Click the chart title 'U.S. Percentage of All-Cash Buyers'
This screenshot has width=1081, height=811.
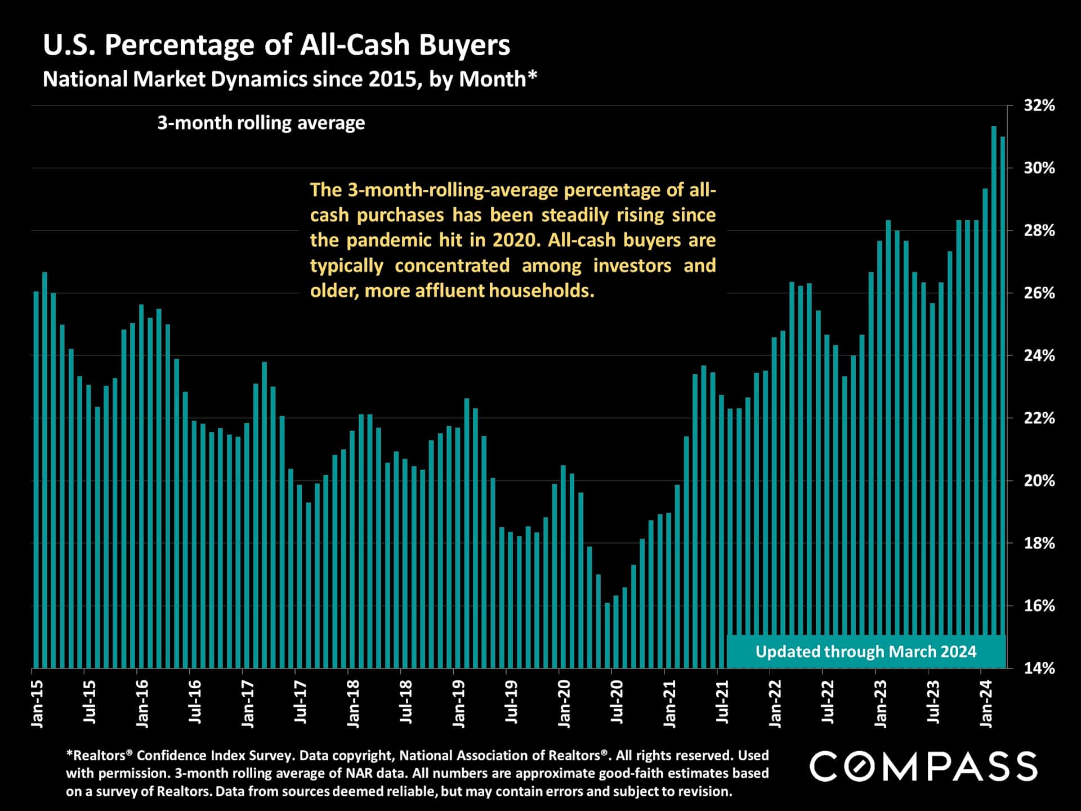pyautogui.click(x=276, y=45)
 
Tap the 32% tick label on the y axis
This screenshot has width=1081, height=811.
pyautogui.click(x=1039, y=105)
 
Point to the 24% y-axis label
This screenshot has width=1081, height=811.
pyautogui.click(x=1039, y=355)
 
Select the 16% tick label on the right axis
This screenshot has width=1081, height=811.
pyautogui.click(x=1039, y=605)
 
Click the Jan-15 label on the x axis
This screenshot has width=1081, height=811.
pyautogui.click(x=37, y=703)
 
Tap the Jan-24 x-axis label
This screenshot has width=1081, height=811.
pyautogui.click(x=986, y=703)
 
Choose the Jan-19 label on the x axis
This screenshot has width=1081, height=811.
pyautogui.click(x=459, y=703)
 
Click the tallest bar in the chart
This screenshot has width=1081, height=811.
pyautogui.click(x=994, y=394)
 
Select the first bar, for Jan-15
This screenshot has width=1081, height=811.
pyautogui.click(x=36, y=479)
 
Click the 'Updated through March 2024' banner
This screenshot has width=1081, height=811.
pyautogui.click(x=865, y=652)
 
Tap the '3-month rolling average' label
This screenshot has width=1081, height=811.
pyautogui.click(x=261, y=123)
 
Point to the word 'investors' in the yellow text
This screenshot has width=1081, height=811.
pyautogui.click(x=632, y=265)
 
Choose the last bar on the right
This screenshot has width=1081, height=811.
pyautogui.click(x=1003, y=400)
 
